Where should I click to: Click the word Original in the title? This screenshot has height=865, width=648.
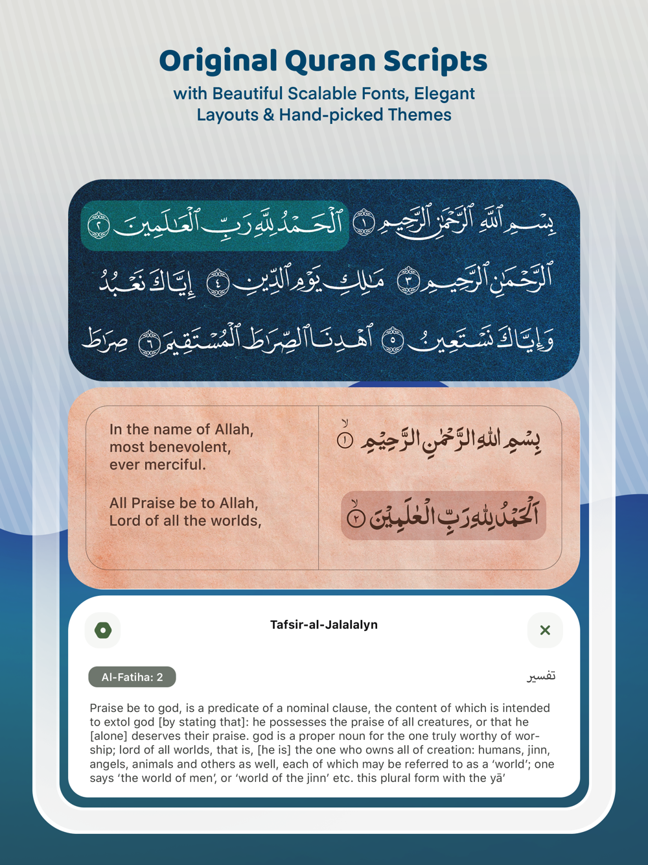pyautogui.click(x=218, y=61)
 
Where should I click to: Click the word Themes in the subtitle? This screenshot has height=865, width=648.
pyautogui.click(x=420, y=115)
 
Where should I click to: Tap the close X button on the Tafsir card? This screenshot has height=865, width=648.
pyautogui.click(x=545, y=630)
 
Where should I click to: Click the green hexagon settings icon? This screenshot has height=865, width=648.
pyautogui.click(x=103, y=630)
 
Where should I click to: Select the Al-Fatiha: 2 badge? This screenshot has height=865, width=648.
pyautogui.click(x=132, y=677)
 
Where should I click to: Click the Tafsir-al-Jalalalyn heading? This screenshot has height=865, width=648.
pyautogui.click(x=324, y=624)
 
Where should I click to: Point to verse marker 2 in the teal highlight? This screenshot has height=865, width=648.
pyautogui.click(x=99, y=224)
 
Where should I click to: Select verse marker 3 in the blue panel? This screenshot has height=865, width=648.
pyautogui.click(x=409, y=281)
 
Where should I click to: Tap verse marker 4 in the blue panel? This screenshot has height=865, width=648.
pyautogui.click(x=218, y=283)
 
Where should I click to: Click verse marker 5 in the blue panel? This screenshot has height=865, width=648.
pyautogui.click(x=392, y=340)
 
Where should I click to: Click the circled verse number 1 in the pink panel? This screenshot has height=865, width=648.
pyautogui.click(x=345, y=441)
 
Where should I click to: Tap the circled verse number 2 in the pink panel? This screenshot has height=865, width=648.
pyautogui.click(x=356, y=518)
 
